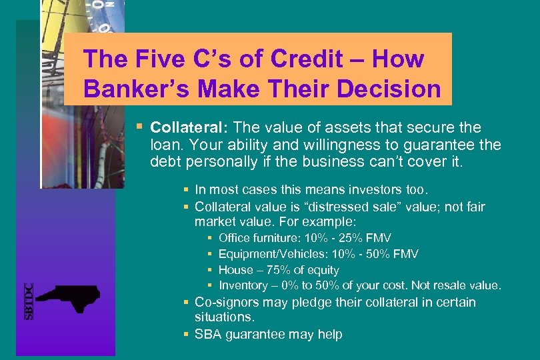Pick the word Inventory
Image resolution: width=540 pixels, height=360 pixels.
click(243, 285)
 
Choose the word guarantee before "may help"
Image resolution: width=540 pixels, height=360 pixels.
click(258, 334)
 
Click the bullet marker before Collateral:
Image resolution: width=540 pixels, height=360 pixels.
click(139, 127)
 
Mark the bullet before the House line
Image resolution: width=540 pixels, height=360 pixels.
click(210, 270)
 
